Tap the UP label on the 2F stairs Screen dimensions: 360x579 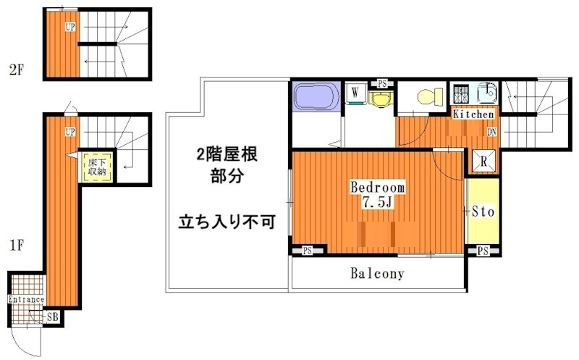69,28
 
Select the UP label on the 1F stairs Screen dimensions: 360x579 69,132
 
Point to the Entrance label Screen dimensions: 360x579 26,299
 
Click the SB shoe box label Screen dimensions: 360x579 52,317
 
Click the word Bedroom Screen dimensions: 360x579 378,187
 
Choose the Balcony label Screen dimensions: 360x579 377,274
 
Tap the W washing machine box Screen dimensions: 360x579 355,93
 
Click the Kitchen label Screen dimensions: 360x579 474,114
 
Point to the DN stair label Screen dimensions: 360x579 491,132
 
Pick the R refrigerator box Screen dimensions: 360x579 483,162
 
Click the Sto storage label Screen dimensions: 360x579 483,212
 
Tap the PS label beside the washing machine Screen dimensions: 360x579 381,83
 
